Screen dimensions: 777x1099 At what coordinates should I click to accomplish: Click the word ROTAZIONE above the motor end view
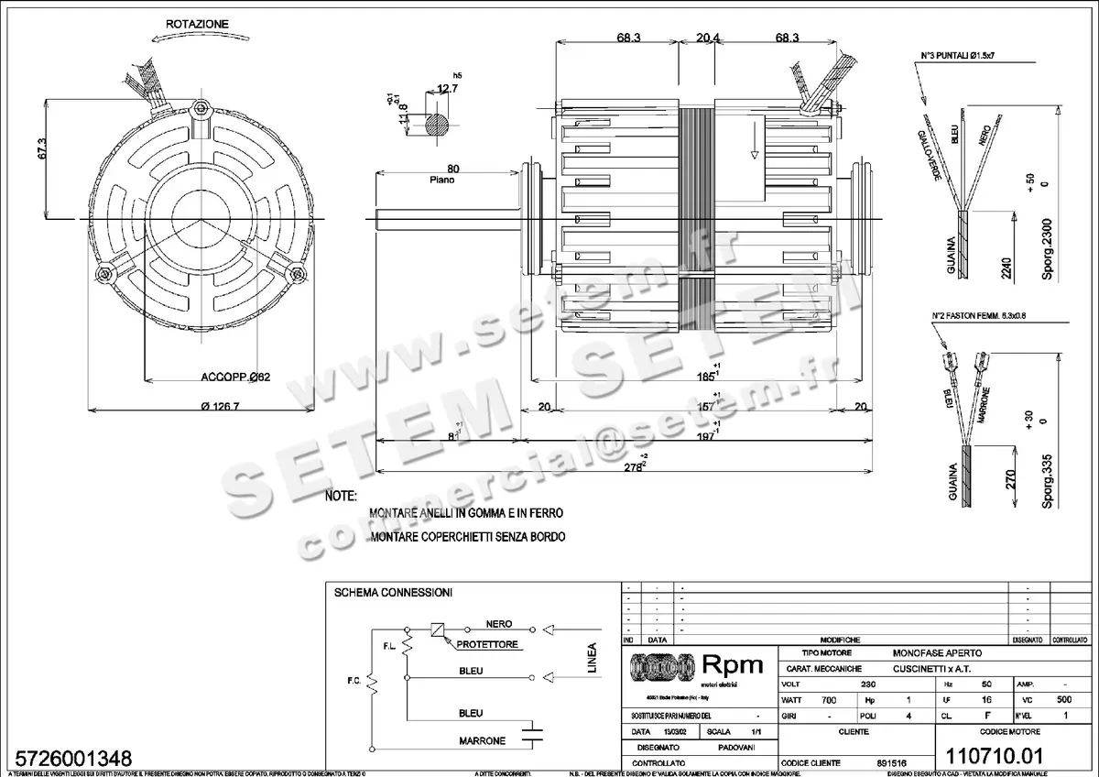(198, 23)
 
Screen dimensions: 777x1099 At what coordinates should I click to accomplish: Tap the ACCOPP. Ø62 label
(235, 377)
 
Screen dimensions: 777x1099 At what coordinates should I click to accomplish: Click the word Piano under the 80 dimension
(442, 181)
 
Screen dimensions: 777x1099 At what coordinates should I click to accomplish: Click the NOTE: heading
(342, 496)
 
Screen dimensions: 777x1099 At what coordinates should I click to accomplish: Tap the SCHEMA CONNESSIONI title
(393, 593)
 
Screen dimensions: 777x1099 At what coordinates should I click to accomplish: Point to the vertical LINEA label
(592, 657)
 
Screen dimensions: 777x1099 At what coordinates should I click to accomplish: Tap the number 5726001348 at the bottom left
(70, 759)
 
